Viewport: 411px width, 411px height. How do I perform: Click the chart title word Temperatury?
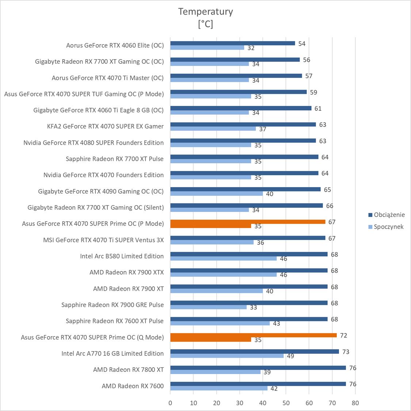[x=205, y=12]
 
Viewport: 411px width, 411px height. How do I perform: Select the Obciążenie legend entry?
[x=389, y=215]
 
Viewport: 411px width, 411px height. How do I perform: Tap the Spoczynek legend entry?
[x=388, y=227]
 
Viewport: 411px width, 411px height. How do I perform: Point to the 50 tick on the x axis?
[x=286, y=403]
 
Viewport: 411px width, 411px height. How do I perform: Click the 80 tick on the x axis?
[x=355, y=403]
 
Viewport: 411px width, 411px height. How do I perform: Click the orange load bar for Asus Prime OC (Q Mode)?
[x=253, y=335]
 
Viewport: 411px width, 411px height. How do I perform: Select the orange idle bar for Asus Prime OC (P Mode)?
[x=210, y=226]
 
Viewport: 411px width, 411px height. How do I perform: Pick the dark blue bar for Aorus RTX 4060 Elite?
[x=232, y=43]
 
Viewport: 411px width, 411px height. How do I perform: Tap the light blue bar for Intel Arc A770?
[x=227, y=355]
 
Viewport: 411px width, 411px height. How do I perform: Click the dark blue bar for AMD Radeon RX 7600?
[x=258, y=384]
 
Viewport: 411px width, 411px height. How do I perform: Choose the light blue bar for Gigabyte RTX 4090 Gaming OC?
[x=216, y=194]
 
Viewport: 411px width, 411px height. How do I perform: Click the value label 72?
[x=343, y=335]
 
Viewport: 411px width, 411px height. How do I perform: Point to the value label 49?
[x=290, y=356]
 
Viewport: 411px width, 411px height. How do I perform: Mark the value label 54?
[x=302, y=44]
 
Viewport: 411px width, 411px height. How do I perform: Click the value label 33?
[x=254, y=307]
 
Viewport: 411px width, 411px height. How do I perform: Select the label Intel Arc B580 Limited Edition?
[x=122, y=256]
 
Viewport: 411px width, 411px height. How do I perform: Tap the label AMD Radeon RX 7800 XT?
[x=128, y=370]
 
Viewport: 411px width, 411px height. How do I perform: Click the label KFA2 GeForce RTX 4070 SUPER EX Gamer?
[x=105, y=126]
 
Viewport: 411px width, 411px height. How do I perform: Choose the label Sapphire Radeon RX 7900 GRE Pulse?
[x=113, y=305]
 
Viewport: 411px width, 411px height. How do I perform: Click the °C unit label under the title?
[x=205, y=24]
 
